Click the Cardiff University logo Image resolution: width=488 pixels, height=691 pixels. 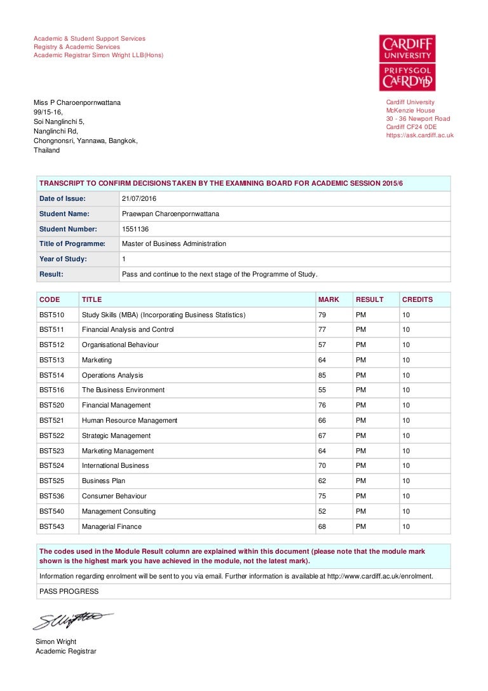point(407,62)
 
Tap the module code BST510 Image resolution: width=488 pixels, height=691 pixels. point(51,315)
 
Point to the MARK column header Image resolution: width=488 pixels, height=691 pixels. point(329,299)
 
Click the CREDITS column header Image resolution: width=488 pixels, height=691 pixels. point(417,299)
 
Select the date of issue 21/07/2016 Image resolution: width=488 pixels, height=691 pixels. point(139,199)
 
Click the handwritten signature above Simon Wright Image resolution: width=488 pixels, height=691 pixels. point(73,620)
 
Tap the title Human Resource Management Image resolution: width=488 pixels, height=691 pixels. point(130,420)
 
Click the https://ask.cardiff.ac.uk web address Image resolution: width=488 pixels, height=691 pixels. point(419,135)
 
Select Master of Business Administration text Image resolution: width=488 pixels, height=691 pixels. point(173,243)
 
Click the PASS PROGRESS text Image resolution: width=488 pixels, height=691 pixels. point(69,591)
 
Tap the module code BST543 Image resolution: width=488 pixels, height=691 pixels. point(51,526)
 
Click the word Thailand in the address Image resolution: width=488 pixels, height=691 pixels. point(46,151)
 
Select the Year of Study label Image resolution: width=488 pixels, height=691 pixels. point(63,259)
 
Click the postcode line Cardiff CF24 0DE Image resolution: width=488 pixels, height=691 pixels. point(411,127)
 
